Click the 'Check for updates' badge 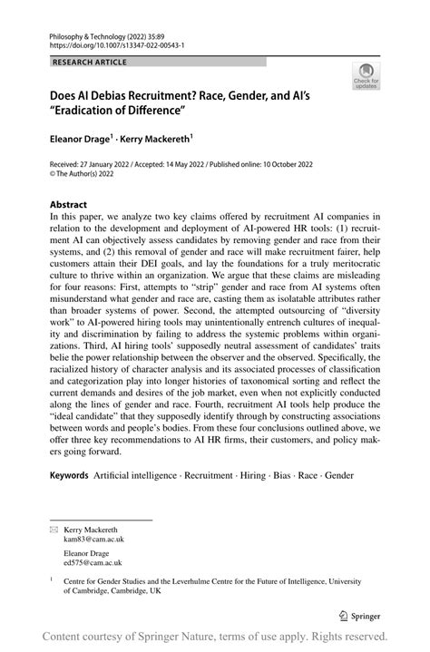tap(368, 77)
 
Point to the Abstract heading tap(69, 205)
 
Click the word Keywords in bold tap(69, 474)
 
